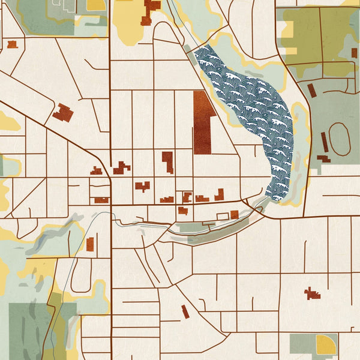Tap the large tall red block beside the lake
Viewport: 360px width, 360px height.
tap(203, 123)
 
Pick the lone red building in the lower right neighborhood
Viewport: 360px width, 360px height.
tap(311, 293)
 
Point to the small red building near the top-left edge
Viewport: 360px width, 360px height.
tap(12, 44)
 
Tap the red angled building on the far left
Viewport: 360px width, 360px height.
tap(62, 112)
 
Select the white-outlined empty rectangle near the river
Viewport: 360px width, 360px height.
tap(223, 215)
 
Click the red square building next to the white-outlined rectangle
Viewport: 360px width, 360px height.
tap(234, 214)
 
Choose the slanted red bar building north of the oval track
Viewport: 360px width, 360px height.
tap(311, 91)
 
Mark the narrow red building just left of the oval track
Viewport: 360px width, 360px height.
tap(324, 142)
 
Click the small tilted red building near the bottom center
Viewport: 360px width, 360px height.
tap(185, 311)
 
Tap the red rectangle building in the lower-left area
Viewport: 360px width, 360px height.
tap(90, 244)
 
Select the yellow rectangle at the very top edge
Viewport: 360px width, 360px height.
tap(96, 5)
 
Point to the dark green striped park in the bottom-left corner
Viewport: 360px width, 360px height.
tap(27, 330)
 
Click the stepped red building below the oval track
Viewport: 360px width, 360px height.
tap(324, 160)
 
